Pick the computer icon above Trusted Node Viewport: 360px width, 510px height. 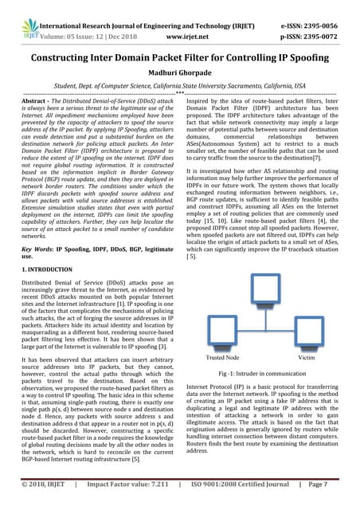click(219, 340)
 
